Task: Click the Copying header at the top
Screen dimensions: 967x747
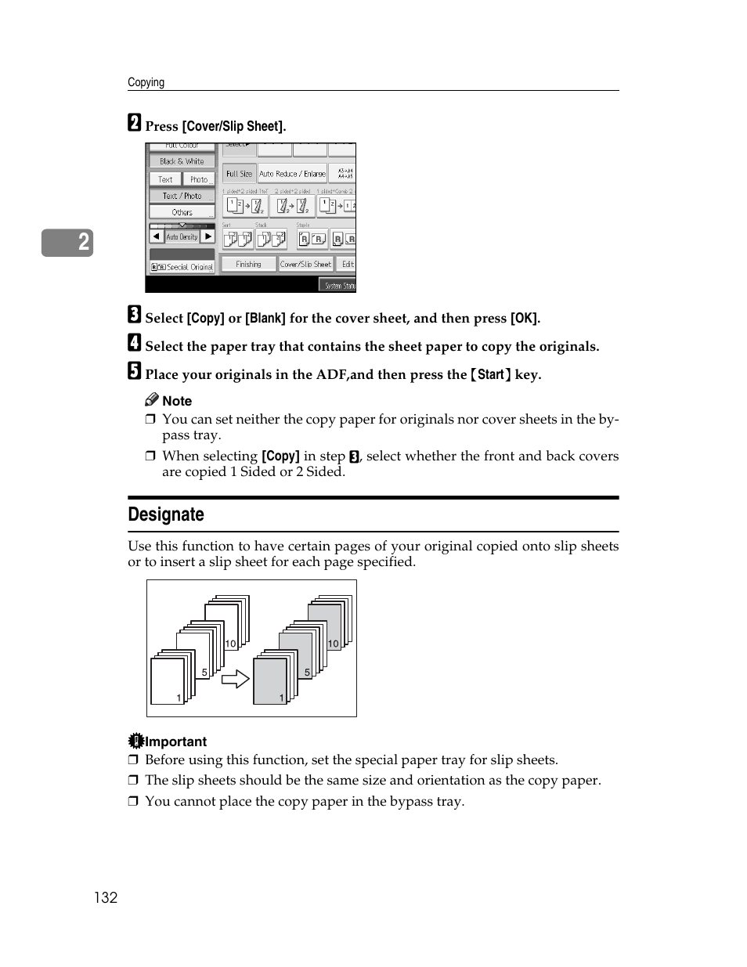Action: click(146, 82)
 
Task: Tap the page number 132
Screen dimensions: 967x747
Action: click(106, 897)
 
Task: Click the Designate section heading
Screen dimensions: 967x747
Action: click(166, 514)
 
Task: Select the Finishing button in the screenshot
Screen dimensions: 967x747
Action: click(248, 265)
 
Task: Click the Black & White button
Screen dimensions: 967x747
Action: click(182, 161)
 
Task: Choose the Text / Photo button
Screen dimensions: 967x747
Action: click(182, 196)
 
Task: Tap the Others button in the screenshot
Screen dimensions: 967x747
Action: click(182, 212)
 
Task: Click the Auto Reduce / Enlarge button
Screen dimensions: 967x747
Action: click(292, 174)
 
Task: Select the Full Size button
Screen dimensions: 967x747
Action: click(239, 174)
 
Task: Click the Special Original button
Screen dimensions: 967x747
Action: click(182, 267)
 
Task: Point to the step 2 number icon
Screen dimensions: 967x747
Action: click(135, 123)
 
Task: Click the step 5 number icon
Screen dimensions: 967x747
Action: click(135, 371)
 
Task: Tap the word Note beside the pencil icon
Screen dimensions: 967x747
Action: click(177, 401)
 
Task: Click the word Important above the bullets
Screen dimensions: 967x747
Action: click(175, 741)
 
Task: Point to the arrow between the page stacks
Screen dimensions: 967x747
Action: click(235, 678)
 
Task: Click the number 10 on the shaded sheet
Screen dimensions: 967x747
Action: click(334, 644)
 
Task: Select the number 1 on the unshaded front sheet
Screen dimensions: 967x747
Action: click(179, 697)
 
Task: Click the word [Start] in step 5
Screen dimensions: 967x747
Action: click(491, 374)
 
